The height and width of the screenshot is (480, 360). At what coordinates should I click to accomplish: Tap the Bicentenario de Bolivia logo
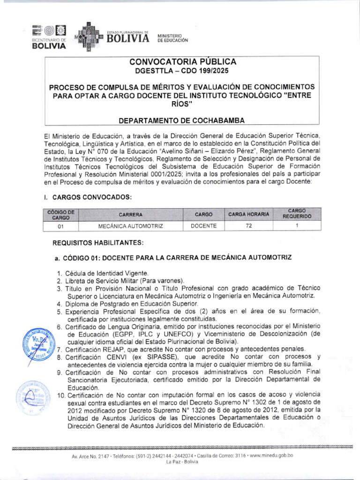tap(49, 37)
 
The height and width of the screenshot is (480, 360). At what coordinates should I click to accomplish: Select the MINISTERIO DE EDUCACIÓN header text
tap(172, 38)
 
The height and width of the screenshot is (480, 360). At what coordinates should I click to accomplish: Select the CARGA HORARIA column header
tap(248, 214)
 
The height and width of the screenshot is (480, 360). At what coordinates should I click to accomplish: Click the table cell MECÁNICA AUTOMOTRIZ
tap(130, 226)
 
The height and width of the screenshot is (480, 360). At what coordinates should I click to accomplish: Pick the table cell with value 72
tap(248, 226)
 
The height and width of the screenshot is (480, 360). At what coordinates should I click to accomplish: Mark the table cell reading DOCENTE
tap(203, 226)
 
